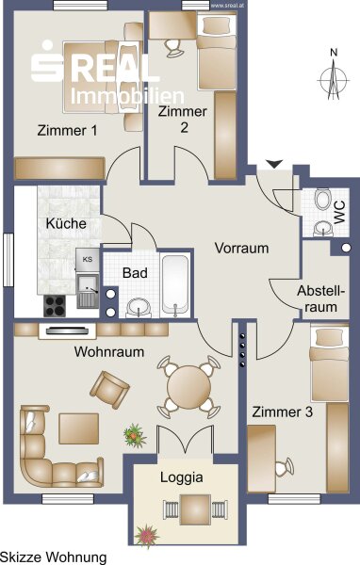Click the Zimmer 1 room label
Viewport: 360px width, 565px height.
click(67, 130)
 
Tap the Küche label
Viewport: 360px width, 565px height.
click(66, 223)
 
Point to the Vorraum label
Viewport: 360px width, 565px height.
click(241, 248)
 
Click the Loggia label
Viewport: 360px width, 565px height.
click(182, 477)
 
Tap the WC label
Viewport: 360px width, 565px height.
click(339, 213)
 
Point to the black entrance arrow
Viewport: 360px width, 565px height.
click(274, 164)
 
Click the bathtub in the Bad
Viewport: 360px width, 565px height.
click(175, 284)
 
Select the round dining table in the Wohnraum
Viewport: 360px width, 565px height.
click(188, 387)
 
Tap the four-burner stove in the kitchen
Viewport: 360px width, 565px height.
click(55, 306)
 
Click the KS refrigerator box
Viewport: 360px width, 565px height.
click(88, 260)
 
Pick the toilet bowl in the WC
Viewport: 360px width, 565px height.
click(323, 200)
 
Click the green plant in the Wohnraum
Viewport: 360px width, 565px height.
click(135, 436)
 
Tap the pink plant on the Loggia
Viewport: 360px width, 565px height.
click(146, 535)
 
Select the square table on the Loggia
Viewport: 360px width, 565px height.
click(195, 509)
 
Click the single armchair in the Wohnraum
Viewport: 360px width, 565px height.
click(109, 390)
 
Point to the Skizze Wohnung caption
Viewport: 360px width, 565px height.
click(54, 557)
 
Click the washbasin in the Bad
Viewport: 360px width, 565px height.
click(139, 309)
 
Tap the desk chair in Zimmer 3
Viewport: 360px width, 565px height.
click(285, 467)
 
